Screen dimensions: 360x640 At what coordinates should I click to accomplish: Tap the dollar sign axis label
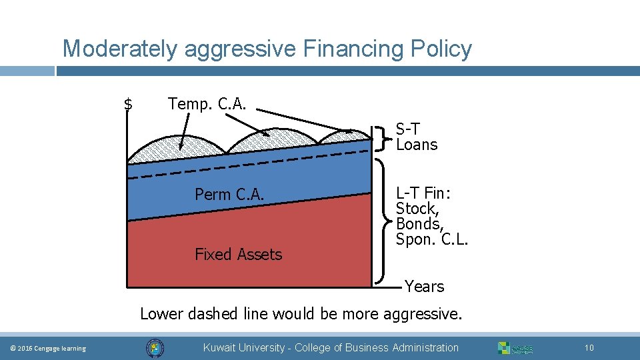[129, 104]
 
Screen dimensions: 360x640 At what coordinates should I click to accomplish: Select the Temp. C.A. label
[207, 104]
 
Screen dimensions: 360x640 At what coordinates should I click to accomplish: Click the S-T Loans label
[417, 137]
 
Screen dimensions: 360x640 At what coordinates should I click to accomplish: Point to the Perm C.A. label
[229, 195]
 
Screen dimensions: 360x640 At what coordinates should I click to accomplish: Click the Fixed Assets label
[238, 254]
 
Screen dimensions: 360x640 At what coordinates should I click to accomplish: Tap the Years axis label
[424, 287]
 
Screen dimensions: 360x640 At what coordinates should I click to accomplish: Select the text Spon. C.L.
[432, 239]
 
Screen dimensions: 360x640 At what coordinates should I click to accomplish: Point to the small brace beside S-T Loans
[381, 137]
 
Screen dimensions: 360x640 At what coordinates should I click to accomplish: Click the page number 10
[589, 348]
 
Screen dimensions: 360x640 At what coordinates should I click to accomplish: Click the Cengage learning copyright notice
[49, 349]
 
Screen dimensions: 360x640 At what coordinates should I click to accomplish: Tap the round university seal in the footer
[155, 348]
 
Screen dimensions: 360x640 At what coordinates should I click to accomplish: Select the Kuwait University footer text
[331, 347]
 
